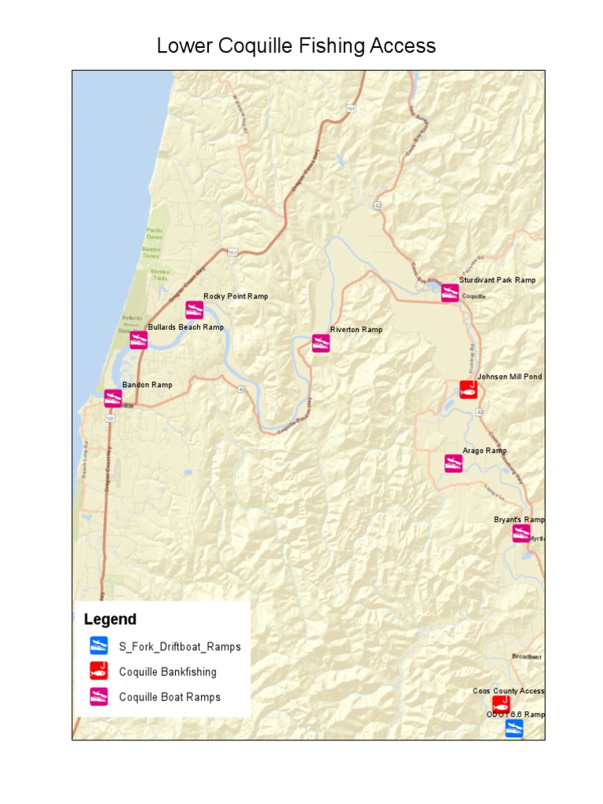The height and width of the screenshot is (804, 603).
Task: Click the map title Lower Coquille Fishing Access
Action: (296, 46)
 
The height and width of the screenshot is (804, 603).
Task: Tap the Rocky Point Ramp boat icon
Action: (195, 309)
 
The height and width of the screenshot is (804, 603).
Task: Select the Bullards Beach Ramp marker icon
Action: (139, 340)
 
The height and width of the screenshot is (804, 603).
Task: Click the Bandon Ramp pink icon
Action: (113, 398)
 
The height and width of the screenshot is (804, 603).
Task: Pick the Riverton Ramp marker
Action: (320, 343)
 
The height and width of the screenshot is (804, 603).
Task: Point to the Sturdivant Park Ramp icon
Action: (450, 293)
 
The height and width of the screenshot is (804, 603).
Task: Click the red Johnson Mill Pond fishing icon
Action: (468, 389)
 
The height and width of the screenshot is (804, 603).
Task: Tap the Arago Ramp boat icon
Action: (453, 463)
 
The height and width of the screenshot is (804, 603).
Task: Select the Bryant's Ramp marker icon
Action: (521, 533)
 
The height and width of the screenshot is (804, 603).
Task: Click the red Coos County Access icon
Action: (500, 704)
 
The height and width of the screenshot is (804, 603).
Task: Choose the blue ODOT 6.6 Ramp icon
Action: (513, 728)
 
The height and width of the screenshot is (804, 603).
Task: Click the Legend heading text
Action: (110, 619)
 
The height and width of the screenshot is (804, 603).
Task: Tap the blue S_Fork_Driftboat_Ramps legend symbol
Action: (98, 646)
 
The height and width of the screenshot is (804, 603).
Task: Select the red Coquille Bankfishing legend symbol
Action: (98, 671)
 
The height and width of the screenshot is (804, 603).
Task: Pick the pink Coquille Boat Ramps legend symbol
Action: (98, 696)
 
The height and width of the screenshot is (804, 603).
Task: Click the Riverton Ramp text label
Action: (356, 330)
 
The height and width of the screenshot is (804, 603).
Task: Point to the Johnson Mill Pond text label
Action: (510, 377)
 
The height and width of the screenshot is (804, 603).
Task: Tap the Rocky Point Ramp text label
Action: (236, 296)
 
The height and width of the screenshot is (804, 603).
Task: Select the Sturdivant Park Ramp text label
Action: (497, 280)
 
